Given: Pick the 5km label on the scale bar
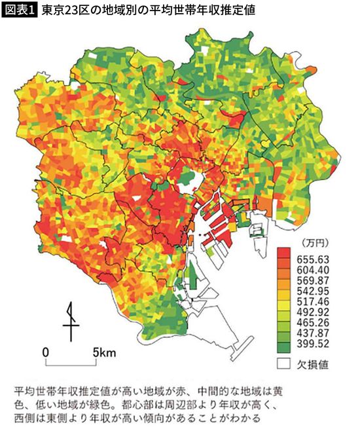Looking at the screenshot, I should click(104, 352).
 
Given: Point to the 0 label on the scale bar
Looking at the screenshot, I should click(45, 352).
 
